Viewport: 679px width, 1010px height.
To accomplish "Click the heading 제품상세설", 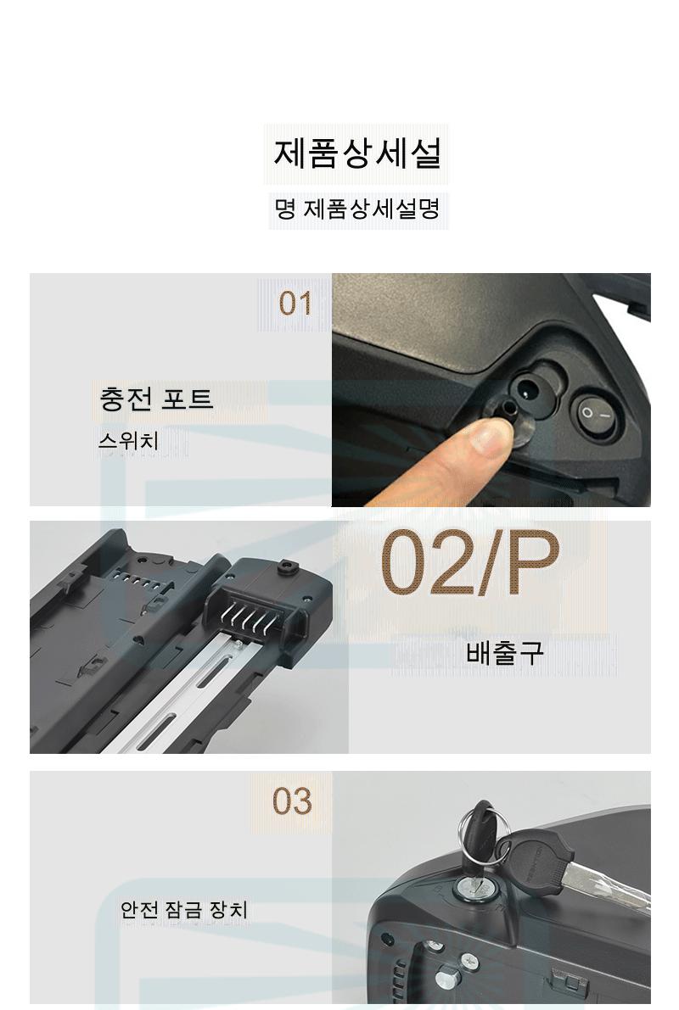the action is (357, 153).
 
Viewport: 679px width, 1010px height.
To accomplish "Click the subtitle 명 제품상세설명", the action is (357, 209).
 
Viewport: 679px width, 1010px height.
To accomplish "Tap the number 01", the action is (295, 304).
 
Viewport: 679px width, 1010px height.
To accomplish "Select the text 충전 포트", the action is (156, 398).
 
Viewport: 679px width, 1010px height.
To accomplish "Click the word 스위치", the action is (127, 441).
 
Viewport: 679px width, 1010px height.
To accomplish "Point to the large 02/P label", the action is (470, 563).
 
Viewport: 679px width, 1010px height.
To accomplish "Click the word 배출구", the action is (505, 652).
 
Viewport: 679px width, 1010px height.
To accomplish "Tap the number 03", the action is (292, 801).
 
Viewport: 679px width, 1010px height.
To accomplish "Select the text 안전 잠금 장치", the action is (184, 910).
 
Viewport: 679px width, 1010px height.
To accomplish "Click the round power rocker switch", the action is (593, 414).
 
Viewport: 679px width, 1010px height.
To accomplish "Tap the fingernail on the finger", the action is (490, 438).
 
